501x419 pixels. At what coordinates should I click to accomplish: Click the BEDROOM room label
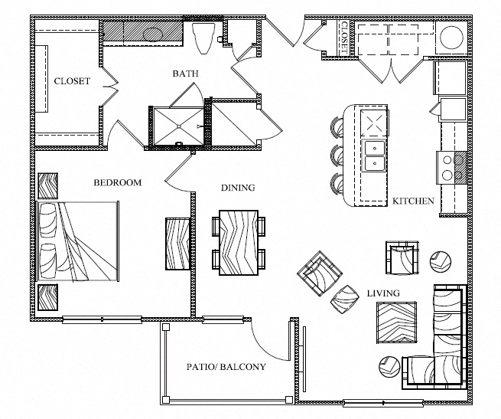click(x=118, y=183)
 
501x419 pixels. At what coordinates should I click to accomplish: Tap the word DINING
click(x=238, y=188)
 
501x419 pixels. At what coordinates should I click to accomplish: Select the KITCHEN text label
click(x=413, y=201)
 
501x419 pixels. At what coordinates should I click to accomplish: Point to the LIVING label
click(x=383, y=293)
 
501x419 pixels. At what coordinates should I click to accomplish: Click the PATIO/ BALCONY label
click(x=226, y=367)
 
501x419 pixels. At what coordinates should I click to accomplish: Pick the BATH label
click(x=185, y=74)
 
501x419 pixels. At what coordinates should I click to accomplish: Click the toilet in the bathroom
click(x=203, y=38)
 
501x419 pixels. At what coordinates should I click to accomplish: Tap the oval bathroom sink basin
click(x=153, y=34)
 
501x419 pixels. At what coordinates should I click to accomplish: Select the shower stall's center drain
click(x=179, y=126)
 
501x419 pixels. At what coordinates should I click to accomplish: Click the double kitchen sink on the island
click(x=374, y=155)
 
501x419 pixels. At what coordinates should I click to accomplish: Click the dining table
click(x=239, y=243)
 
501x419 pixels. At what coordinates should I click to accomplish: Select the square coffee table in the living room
click(x=396, y=322)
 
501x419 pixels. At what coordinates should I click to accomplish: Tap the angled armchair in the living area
click(x=320, y=273)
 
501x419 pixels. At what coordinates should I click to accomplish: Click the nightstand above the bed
click(x=48, y=186)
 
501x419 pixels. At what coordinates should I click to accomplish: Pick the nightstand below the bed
click(x=48, y=297)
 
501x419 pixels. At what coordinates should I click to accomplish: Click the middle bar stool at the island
click(x=337, y=155)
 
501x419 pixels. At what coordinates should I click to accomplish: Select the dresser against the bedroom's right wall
click(x=178, y=244)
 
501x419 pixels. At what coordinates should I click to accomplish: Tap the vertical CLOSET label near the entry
click(x=344, y=38)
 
